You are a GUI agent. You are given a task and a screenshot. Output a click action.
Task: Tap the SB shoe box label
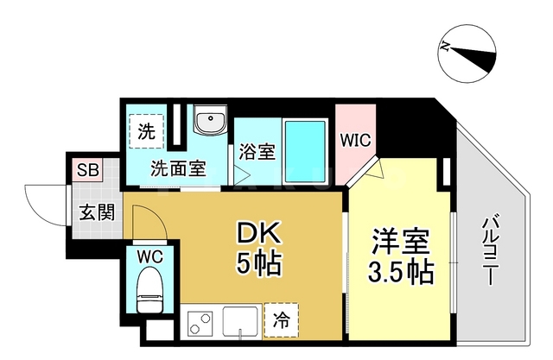pos(86,169)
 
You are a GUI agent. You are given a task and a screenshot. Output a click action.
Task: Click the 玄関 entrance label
pos(96,212)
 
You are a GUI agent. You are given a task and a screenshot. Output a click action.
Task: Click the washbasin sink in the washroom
pos(209,123)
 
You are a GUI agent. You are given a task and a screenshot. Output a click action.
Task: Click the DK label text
pos(259,234)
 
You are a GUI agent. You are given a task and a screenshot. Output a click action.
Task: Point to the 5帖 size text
pos(259,264)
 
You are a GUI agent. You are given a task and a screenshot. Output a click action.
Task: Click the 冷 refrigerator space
pos(282,319)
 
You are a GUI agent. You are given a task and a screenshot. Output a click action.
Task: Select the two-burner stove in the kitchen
pos(200,325)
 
